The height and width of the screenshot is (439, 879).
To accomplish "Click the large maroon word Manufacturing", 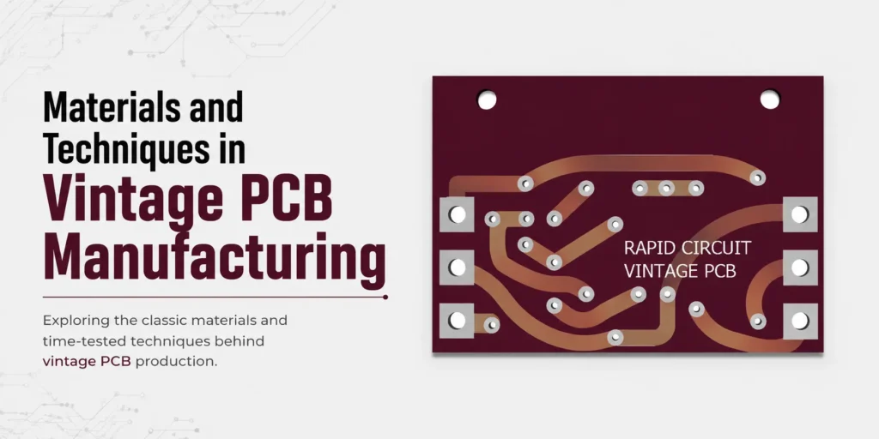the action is [x=215, y=257].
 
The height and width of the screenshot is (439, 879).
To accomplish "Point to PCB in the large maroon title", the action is [x=287, y=198].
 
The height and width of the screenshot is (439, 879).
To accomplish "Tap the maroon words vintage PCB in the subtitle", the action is [x=87, y=361].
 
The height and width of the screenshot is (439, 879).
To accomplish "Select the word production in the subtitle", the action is [x=175, y=362].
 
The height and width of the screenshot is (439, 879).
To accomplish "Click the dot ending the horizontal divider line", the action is [x=385, y=297].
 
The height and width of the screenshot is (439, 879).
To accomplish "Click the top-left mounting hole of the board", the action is [x=487, y=100].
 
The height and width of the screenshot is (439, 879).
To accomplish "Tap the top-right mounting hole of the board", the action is [x=770, y=99].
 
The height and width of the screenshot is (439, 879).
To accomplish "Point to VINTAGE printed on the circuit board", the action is [x=653, y=271].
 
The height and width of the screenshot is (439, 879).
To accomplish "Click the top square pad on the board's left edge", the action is [x=457, y=214].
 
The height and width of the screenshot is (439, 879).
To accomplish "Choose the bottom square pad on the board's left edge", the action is [x=457, y=321].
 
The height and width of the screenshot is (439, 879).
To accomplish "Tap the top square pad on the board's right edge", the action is [x=800, y=214].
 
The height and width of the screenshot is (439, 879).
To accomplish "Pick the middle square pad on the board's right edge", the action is [x=800, y=268].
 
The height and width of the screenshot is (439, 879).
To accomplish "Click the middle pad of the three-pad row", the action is [x=666, y=188].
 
